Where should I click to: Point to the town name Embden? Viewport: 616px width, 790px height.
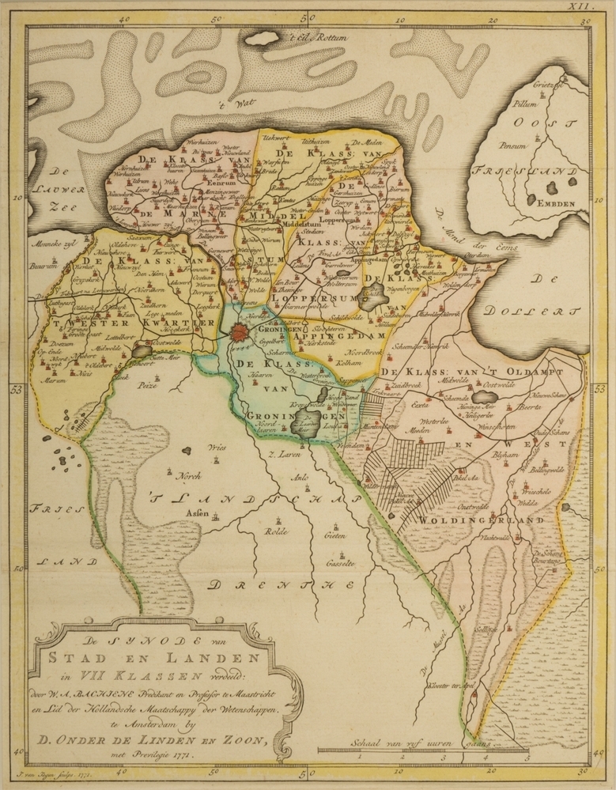[x=559, y=202]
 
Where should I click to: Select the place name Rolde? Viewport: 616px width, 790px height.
[x=278, y=531]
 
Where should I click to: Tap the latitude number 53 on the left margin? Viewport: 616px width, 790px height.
[x=14, y=388]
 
